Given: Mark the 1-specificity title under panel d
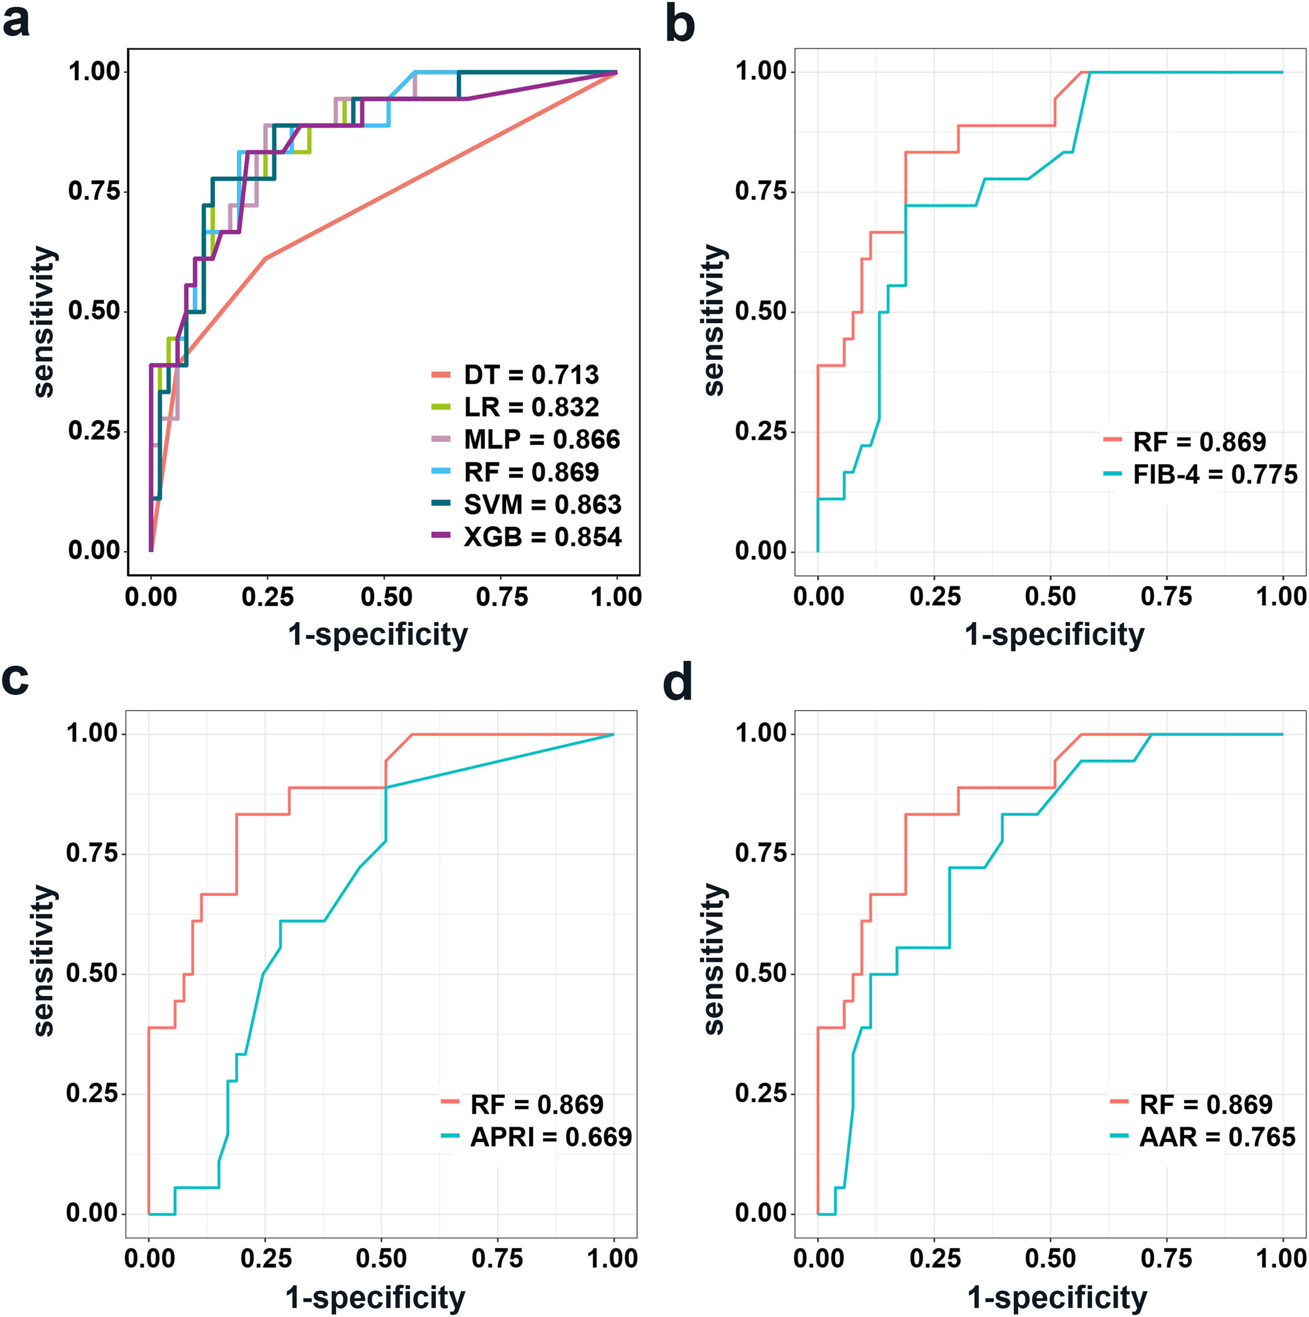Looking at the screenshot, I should tap(1057, 1297).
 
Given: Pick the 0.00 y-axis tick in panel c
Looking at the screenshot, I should tap(91, 1213).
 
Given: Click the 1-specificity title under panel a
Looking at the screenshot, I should tap(378, 634).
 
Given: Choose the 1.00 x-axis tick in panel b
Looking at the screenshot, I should tap(1282, 596).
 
